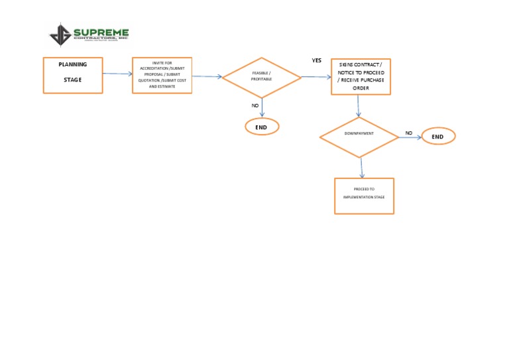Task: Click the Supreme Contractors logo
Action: coord(89,34)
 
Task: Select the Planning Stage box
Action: coord(73,75)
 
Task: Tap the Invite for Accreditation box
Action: coord(162,75)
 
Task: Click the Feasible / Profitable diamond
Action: coord(262,77)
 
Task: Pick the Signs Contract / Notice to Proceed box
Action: coord(361,76)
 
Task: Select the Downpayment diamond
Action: coord(359,137)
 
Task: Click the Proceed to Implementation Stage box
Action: coord(364,196)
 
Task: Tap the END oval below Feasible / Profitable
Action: coord(262,126)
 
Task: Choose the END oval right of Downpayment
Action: coord(438,136)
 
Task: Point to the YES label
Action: coord(317,60)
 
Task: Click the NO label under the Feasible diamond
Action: coord(255,105)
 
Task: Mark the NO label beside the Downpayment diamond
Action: coord(409,133)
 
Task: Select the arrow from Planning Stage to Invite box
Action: coord(117,74)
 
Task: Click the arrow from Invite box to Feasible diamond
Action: coord(207,76)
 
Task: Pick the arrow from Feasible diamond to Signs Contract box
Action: coord(316,77)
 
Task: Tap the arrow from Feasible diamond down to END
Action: coord(262,107)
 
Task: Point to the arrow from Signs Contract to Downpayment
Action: coord(358,106)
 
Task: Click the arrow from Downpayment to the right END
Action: coord(410,138)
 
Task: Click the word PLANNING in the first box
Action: coord(73,64)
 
